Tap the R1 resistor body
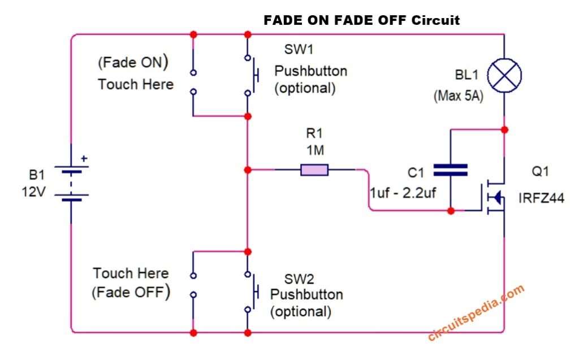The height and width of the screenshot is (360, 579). point(314,170)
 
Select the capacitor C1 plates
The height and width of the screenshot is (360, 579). point(450,170)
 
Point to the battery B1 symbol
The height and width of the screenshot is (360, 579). point(71,184)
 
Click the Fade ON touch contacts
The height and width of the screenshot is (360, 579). point(193,82)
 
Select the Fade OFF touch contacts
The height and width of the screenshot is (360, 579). point(193,285)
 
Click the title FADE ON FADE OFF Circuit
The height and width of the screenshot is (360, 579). point(362,20)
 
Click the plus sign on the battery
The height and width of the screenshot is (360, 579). point(84,159)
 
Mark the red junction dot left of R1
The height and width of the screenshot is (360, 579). point(247,170)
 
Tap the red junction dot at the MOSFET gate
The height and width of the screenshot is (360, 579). point(451,211)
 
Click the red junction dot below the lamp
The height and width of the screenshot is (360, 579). point(504,130)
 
